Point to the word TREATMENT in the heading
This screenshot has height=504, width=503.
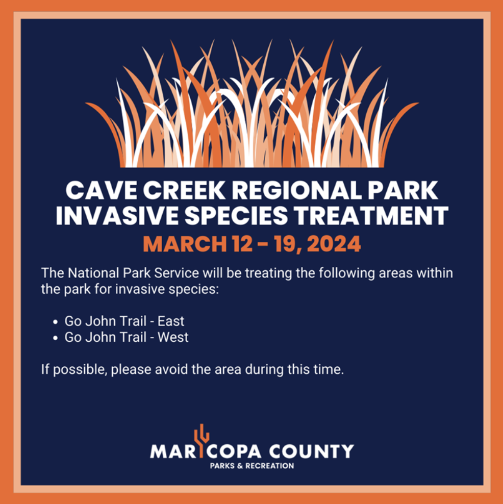point(372,215)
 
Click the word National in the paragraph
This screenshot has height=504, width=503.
point(93,273)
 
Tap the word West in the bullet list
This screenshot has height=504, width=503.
point(173,337)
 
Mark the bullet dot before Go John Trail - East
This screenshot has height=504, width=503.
point(56,322)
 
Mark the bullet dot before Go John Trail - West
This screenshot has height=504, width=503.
point(56,338)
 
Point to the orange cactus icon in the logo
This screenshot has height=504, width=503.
point(201,440)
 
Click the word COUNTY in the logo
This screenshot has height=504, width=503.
point(311,451)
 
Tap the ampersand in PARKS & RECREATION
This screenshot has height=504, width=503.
point(240,466)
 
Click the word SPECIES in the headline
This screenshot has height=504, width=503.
point(236,215)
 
